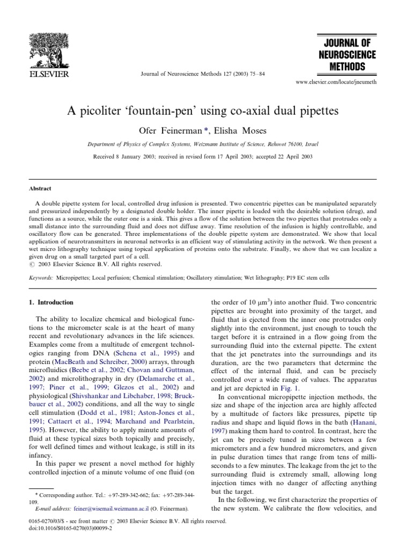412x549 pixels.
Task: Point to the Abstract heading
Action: pos(40,189)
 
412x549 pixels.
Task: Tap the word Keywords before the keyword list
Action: pos(41,278)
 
